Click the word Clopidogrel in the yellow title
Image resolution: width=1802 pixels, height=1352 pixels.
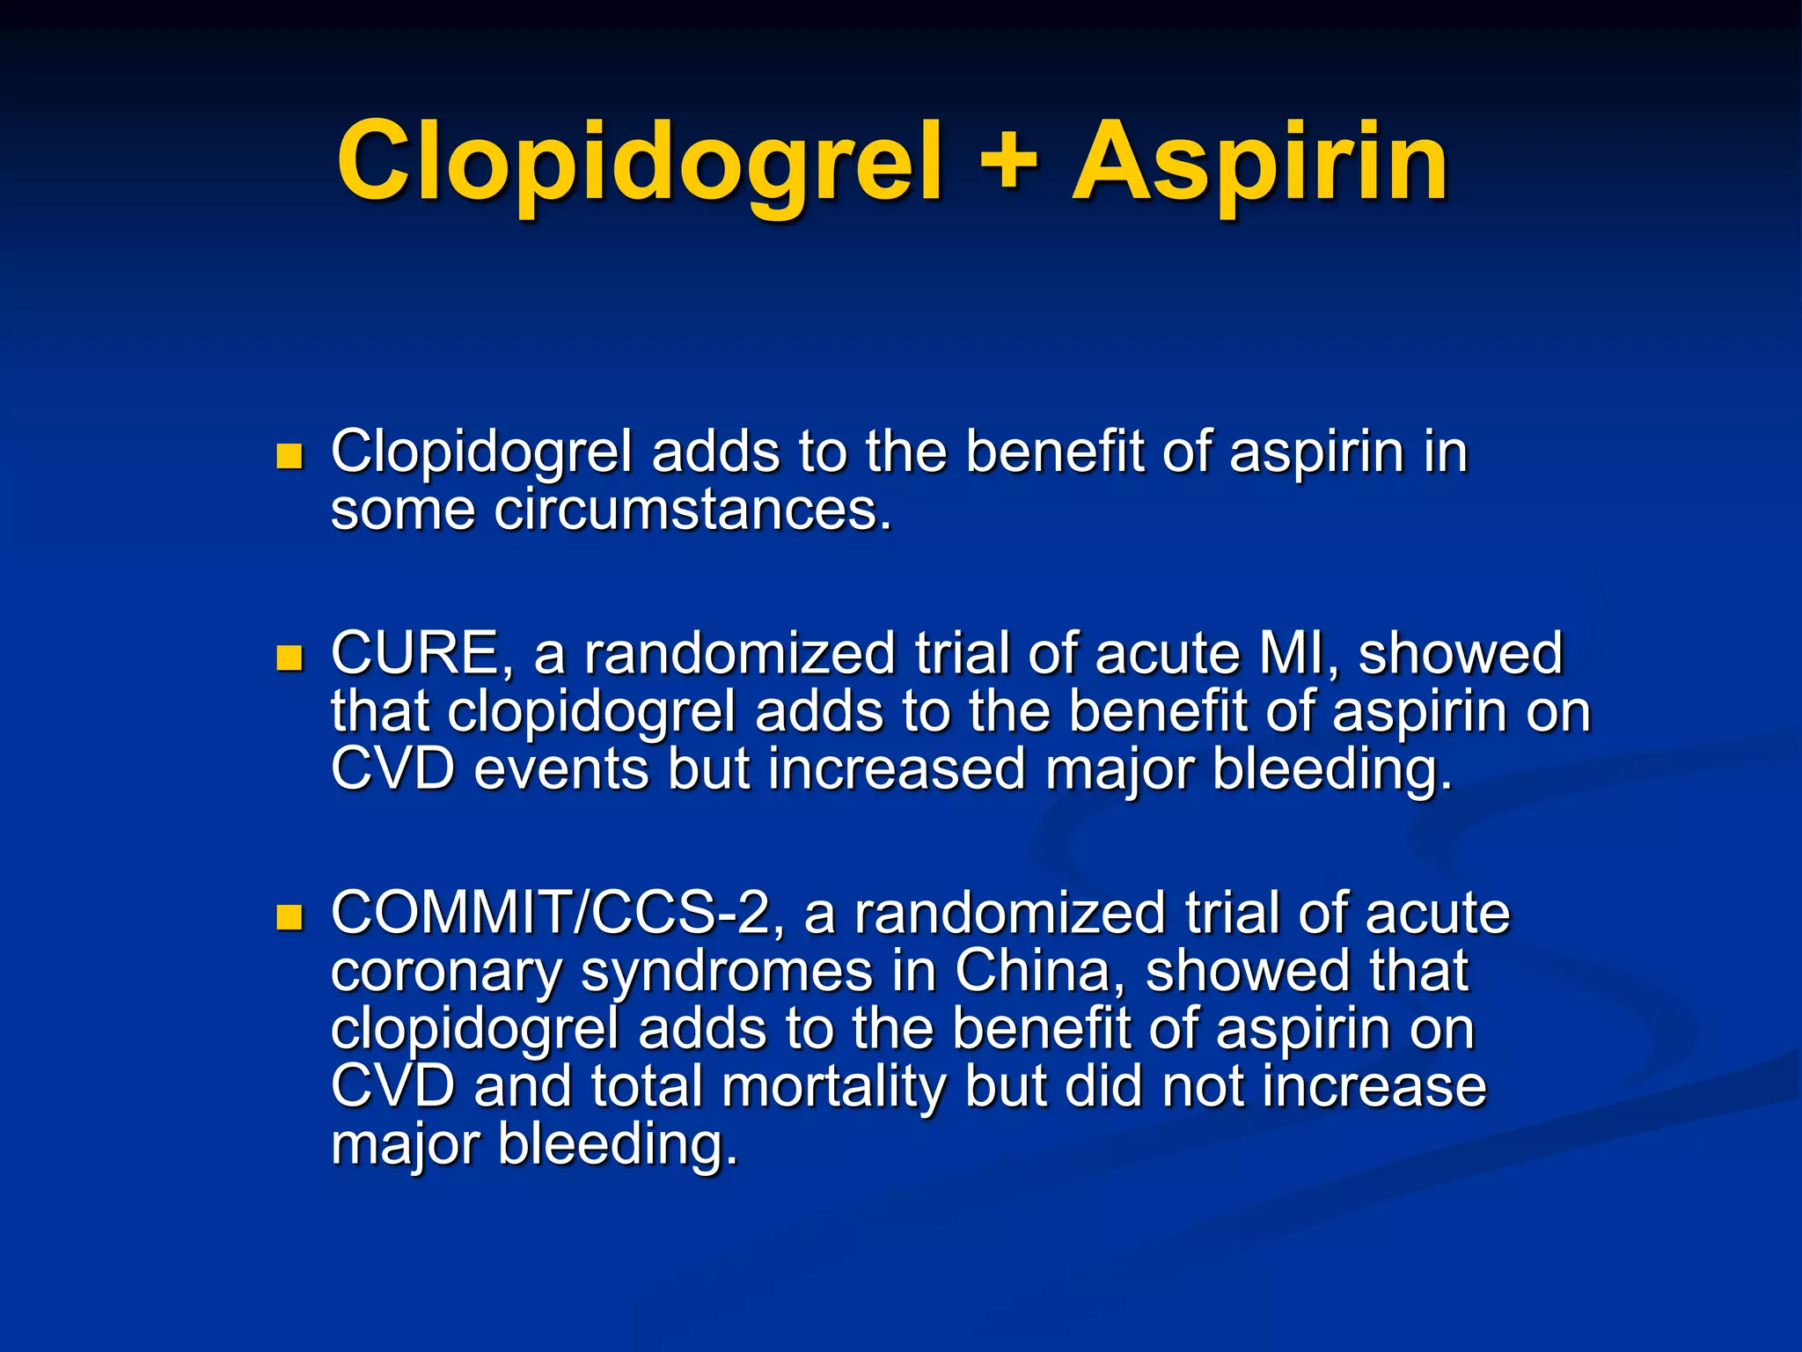click(x=639, y=163)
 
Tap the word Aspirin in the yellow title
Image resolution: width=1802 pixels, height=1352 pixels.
click(x=1259, y=163)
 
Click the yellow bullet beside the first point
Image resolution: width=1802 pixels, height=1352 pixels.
click(x=289, y=455)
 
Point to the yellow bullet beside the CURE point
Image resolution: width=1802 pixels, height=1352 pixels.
click(x=289, y=658)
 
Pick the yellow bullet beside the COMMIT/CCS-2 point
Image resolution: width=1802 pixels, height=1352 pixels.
click(x=289, y=917)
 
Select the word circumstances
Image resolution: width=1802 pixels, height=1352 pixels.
click(x=693, y=510)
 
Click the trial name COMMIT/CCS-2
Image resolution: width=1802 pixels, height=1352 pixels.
click(x=557, y=913)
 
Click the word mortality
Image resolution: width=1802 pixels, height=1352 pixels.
click(x=831, y=1086)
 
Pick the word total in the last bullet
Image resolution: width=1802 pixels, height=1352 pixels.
click(x=646, y=1086)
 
